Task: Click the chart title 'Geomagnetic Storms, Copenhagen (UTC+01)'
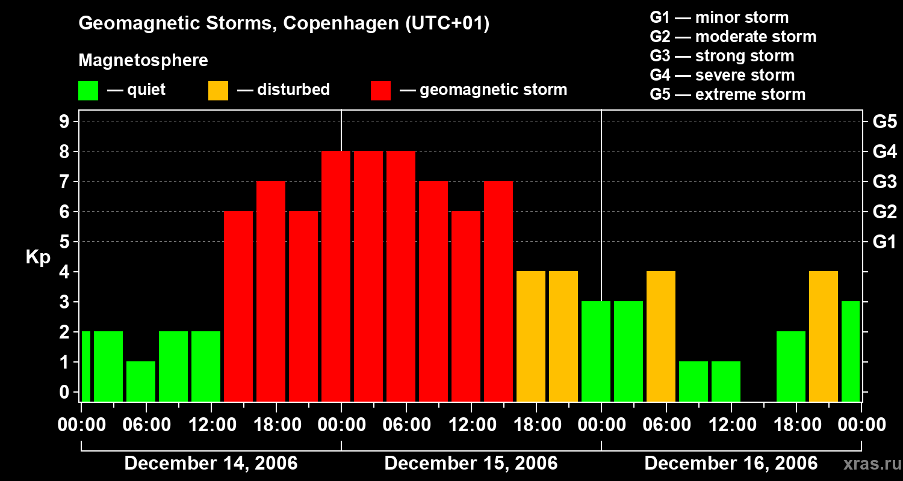click(284, 23)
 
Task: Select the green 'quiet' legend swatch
click(88, 91)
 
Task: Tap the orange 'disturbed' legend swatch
click(218, 91)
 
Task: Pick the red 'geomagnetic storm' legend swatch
click(380, 91)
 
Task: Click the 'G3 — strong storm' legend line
click(722, 56)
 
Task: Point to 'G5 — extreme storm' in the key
click(727, 94)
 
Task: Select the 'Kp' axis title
click(38, 257)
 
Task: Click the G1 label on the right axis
click(884, 242)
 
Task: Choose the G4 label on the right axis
click(884, 152)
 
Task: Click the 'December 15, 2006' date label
click(471, 464)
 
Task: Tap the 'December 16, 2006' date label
click(731, 464)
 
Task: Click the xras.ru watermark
click(867, 464)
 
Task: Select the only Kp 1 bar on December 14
click(141, 381)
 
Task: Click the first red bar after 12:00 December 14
click(238, 306)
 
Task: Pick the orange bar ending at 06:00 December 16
click(661, 336)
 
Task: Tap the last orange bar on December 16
click(824, 336)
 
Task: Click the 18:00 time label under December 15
click(536, 425)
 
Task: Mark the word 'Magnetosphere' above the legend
click(143, 61)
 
